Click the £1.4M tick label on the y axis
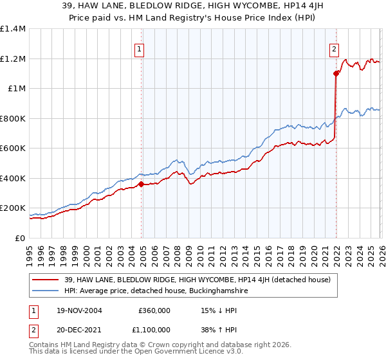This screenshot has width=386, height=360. pos(13,29)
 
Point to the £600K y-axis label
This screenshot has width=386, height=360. pos(13,148)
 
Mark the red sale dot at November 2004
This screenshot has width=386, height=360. pos(142,184)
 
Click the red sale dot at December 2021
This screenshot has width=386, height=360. pos(336,74)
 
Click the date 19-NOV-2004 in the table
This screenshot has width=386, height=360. pos(79,310)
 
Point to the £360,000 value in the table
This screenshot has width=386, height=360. pos(154,310)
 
